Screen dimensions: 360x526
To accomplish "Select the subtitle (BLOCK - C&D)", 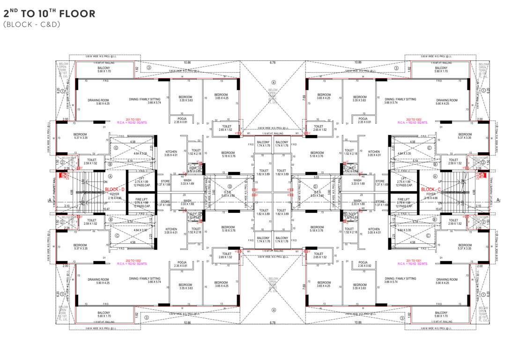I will (x=31, y=24).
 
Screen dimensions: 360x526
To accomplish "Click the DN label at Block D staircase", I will (x=92, y=181).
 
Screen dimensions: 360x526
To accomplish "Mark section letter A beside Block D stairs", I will (x=49, y=200).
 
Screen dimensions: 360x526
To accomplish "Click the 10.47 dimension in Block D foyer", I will (x=93, y=209).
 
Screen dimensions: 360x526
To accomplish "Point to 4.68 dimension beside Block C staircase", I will (x=474, y=191).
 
